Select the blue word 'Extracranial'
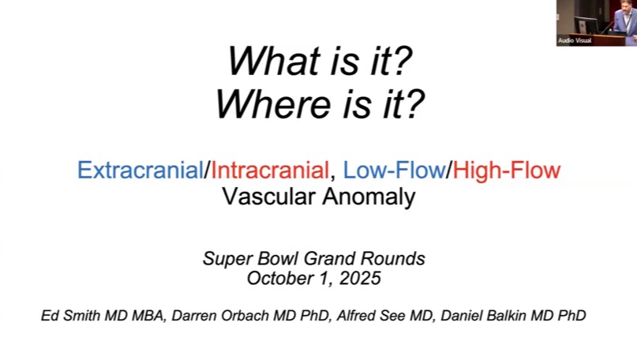coord(140,170)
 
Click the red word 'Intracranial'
coord(269,170)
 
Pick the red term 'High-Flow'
coord(507,170)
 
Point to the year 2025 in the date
coord(360,278)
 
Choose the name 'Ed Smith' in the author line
coord(67,316)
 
